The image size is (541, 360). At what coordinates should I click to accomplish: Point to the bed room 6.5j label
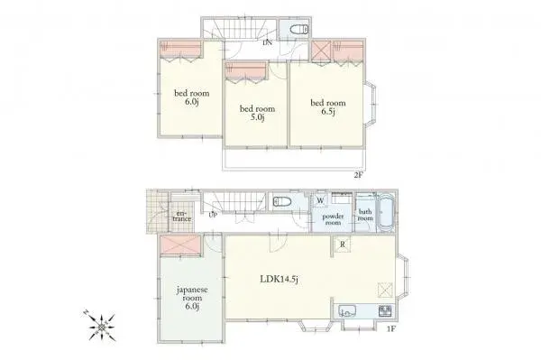[x=328, y=106]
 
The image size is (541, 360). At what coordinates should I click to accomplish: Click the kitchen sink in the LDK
[x=351, y=312]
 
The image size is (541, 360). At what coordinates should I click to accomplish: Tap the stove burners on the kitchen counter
[x=385, y=311]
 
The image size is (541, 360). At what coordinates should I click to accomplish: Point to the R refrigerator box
[x=344, y=243]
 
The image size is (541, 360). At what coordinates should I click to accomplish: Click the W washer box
[x=321, y=199]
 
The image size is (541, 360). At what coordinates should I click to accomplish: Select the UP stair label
[x=213, y=216]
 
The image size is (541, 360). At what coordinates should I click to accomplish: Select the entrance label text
[x=181, y=217]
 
